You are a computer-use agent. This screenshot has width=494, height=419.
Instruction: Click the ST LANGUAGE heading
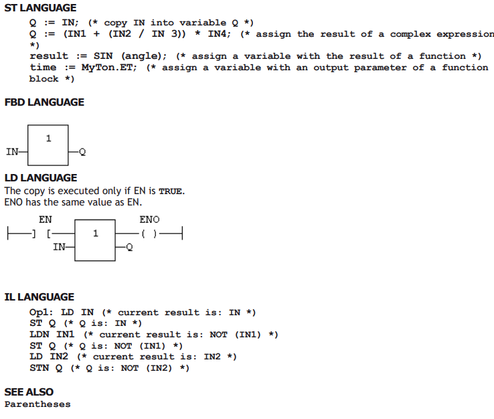(x=40, y=8)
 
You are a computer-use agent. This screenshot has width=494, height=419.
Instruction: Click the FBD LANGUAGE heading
(x=44, y=102)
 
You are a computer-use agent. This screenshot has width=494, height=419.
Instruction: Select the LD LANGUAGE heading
(x=41, y=178)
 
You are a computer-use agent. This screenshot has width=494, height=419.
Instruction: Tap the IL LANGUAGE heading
(x=39, y=297)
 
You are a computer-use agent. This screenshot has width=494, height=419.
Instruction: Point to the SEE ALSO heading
(x=29, y=392)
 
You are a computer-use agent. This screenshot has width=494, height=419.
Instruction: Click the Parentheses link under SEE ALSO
(x=37, y=404)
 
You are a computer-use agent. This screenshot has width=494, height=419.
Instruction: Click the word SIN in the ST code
(x=103, y=56)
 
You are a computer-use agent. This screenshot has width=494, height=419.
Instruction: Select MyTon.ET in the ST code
(x=109, y=68)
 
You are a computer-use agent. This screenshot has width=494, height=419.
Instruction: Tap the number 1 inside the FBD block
(x=48, y=139)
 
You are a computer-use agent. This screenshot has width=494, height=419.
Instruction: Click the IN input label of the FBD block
(x=12, y=152)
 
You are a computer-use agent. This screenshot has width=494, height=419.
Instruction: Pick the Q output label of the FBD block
(x=82, y=152)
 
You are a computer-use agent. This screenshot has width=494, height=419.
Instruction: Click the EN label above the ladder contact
(x=46, y=220)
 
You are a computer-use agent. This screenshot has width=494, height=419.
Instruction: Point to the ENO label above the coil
(x=150, y=220)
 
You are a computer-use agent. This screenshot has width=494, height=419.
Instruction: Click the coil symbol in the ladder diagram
(x=149, y=234)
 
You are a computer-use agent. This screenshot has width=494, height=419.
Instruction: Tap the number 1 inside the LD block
(x=96, y=234)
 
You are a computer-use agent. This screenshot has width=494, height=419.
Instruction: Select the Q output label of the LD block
(x=129, y=247)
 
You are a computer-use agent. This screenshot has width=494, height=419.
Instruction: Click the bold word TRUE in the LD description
(x=171, y=191)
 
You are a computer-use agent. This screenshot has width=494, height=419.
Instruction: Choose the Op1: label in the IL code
(x=41, y=313)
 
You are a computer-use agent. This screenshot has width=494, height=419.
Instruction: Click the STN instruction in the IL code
(x=39, y=368)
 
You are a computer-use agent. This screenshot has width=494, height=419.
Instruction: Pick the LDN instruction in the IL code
(x=39, y=334)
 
